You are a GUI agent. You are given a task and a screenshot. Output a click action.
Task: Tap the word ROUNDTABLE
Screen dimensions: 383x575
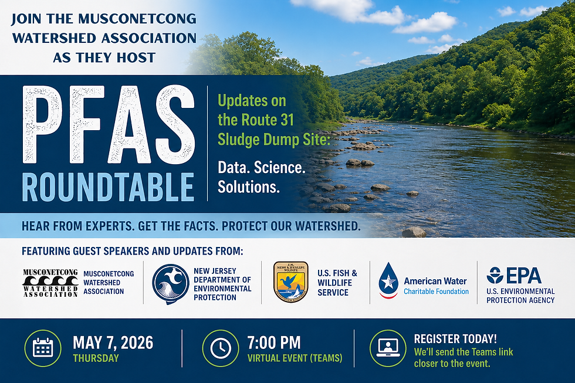108,186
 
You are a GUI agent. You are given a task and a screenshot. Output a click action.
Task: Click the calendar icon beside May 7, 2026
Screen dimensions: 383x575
43,348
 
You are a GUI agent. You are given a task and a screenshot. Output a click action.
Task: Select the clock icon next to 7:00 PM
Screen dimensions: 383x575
221,348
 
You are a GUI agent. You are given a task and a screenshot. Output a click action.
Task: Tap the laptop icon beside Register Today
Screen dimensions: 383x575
388,348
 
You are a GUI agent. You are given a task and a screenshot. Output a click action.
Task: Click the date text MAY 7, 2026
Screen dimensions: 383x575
113,343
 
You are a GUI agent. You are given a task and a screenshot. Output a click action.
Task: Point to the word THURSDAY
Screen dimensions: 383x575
96,358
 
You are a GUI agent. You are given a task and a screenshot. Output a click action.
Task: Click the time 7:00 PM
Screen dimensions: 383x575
274,343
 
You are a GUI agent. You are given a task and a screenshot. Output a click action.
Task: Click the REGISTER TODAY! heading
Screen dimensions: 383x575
455,339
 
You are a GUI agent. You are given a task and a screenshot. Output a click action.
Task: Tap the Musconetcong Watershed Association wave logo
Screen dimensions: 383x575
50,283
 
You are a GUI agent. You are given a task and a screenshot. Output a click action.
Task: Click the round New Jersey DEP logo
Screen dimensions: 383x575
170,283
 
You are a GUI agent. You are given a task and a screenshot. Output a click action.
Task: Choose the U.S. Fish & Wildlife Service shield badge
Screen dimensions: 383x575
290,282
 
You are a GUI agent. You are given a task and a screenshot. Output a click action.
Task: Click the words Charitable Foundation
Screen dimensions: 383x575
436,292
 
